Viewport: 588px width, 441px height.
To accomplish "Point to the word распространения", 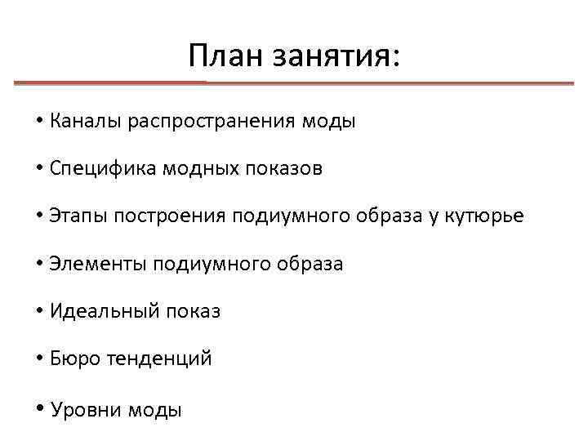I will pos(207,122).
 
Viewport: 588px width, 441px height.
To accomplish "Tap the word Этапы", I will pos(78,216).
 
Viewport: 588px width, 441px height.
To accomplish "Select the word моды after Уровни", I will pos(155,410).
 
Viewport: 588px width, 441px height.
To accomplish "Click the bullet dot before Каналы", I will pos(39,122).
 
